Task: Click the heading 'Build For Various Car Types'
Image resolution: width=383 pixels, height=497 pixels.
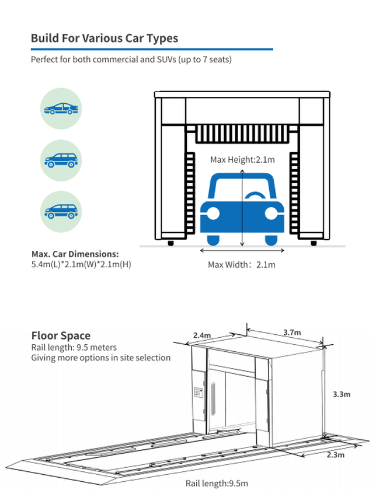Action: click(105, 38)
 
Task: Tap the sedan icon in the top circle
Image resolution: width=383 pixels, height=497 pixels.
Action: click(61, 108)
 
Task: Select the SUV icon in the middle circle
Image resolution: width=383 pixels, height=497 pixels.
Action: click(61, 160)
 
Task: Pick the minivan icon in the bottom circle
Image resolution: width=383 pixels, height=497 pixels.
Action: click(61, 211)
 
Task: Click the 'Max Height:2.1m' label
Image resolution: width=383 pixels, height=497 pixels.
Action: click(242, 159)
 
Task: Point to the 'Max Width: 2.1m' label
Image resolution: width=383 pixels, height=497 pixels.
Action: click(242, 264)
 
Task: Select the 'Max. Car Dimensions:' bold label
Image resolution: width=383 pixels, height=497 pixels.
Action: click(75, 254)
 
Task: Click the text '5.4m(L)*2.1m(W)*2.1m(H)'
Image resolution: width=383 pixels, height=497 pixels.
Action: click(81, 264)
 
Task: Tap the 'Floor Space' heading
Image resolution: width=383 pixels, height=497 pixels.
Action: click(61, 335)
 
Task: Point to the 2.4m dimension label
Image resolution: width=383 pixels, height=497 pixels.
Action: click(203, 335)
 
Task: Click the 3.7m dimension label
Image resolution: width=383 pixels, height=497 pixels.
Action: click(292, 332)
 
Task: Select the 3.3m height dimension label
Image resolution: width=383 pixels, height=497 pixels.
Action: click(342, 394)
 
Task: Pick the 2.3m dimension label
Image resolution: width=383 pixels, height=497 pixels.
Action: click(335, 454)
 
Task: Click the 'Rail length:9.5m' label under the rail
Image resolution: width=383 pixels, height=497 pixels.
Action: click(217, 483)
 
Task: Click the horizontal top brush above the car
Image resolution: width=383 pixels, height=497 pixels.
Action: click(242, 135)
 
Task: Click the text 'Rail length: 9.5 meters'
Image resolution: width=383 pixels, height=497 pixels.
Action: click(74, 347)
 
